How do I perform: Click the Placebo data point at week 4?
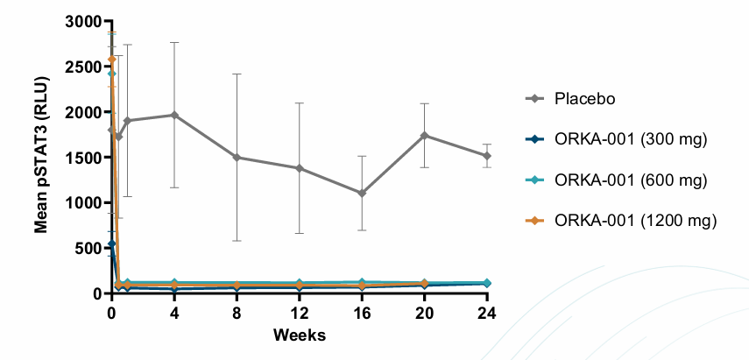pos(174,115)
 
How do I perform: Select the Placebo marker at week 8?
pos(237,158)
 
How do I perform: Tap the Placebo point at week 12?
pos(300,168)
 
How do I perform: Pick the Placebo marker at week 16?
pos(363,194)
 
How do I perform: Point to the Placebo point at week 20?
pos(425,136)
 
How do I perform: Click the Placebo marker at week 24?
pos(487,156)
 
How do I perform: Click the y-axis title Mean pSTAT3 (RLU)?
pos(41,156)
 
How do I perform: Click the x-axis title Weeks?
pos(299,335)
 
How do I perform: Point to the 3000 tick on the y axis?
pos(86,22)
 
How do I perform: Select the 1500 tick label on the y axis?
pos(86,158)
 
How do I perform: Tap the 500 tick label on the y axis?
pos(90,248)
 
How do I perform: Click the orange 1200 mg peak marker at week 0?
pos(111,60)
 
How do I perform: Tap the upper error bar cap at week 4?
pos(174,42)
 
